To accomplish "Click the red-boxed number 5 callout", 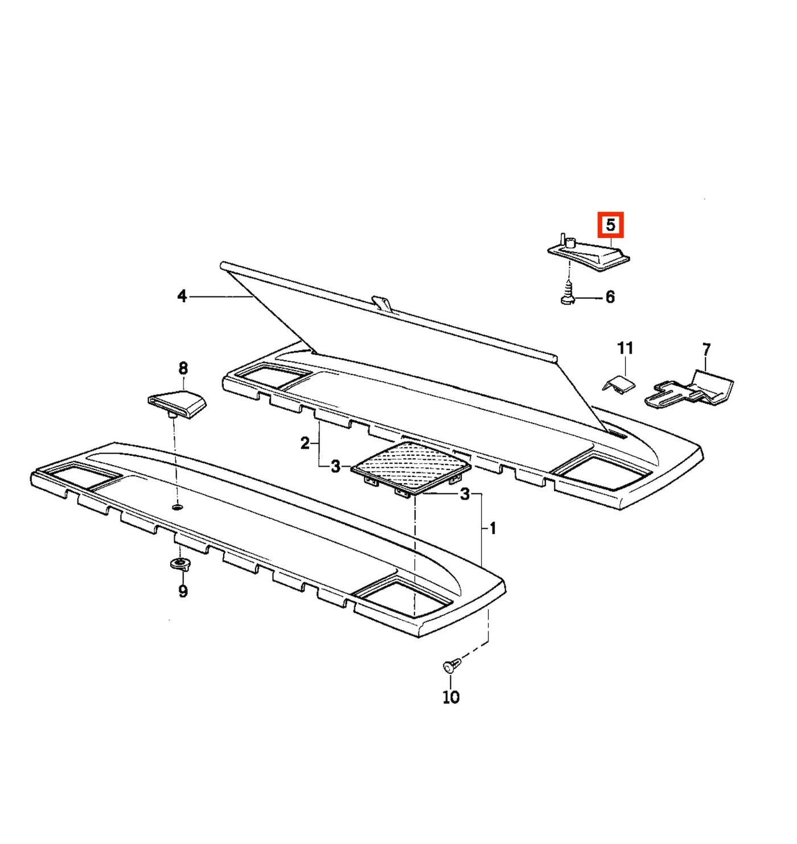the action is point(610,224).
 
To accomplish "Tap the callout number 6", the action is point(610,297).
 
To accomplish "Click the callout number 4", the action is point(182,296).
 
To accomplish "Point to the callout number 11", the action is point(625,348).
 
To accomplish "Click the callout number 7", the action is point(706,350).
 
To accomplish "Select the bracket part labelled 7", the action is point(689,388).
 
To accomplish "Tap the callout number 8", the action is point(183,368).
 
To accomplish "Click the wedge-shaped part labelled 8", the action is point(176,404).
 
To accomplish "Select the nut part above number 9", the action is point(180,565).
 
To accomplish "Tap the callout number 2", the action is point(305,444).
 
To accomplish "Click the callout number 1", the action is point(493,529).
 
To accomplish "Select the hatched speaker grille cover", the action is point(411,468).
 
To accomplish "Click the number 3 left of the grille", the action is point(335,467).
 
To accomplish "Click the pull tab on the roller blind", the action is point(382,303).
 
